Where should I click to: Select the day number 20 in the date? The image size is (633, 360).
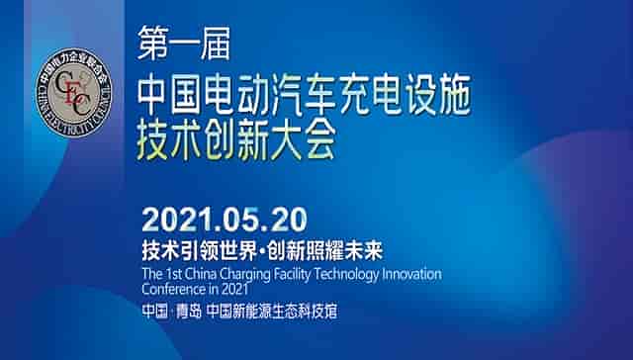tap(289, 218)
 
